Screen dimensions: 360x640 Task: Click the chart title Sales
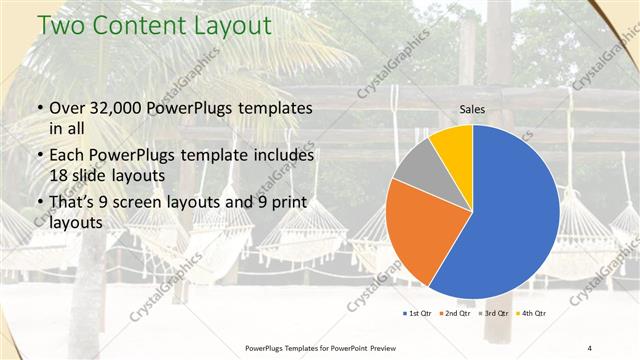tap(473, 109)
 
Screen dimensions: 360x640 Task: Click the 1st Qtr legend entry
tap(418, 313)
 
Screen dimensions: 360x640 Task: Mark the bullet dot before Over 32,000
tap(39, 108)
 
